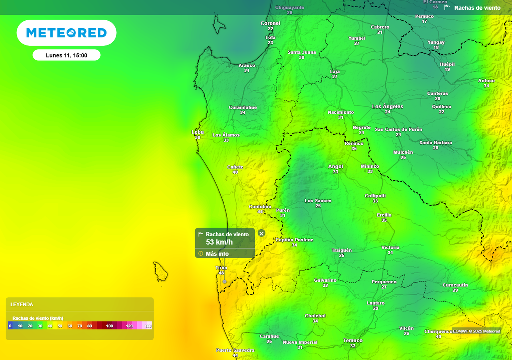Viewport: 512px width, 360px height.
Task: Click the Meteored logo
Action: (x=66, y=33)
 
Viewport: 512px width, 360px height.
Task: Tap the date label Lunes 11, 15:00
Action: (x=66, y=55)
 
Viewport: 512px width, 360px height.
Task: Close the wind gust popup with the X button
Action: (x=261, y=233)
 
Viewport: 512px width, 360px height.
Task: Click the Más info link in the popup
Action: (x=217, y=254)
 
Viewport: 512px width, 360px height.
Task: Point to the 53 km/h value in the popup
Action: (x=219, y=242)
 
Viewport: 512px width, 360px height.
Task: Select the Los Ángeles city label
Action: (x=388, y=107)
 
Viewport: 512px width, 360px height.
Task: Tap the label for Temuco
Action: (x=353, y=341)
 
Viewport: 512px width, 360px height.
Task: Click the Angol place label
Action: (x=336, y=167)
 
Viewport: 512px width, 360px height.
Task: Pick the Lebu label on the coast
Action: (x=198, y=132)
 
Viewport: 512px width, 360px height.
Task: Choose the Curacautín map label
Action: (x=455, y=285)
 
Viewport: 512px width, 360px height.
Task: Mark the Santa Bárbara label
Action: (x=436, y=143)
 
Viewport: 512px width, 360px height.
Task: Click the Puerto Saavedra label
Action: (x=235, y=350)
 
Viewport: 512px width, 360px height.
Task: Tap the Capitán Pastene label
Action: (x=294, y=240)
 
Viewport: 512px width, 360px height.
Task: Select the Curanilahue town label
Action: (x=243, y=107)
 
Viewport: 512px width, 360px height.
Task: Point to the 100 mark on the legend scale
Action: (x=109, y=326)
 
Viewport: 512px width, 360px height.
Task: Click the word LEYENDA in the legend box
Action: (x=22, y=304)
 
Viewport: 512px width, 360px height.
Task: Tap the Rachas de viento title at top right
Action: (x=477, y=8)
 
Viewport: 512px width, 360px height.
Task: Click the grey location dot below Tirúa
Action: (x=224, y=282)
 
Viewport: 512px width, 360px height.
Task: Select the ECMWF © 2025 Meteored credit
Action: (x=476, y=331)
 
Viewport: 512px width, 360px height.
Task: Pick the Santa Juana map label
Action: (x=302, y=52)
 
